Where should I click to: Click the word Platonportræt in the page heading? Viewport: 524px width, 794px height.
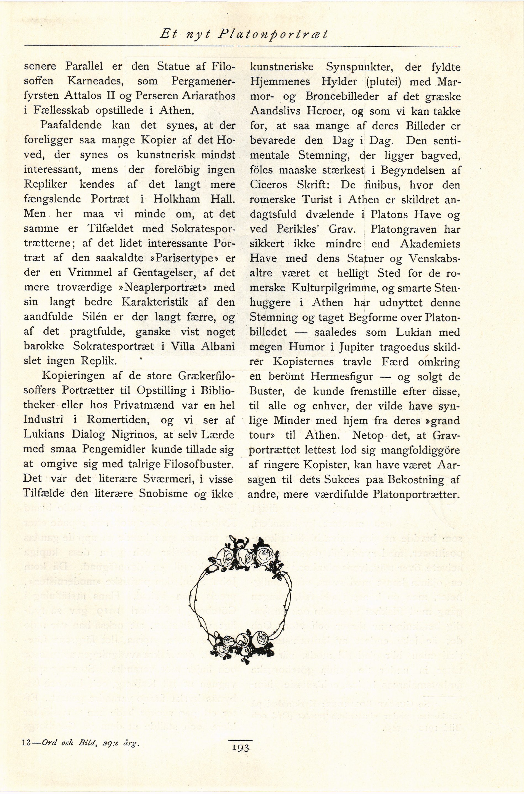point(272,35)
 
